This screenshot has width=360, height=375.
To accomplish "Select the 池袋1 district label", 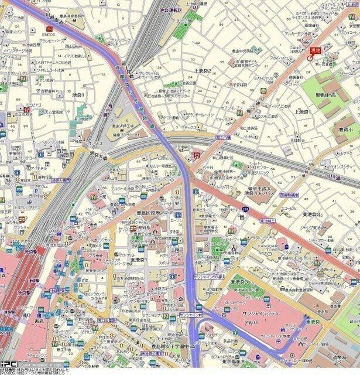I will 78,94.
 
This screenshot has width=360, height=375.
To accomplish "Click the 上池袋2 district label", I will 202,71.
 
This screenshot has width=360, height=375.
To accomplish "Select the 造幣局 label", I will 340,356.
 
